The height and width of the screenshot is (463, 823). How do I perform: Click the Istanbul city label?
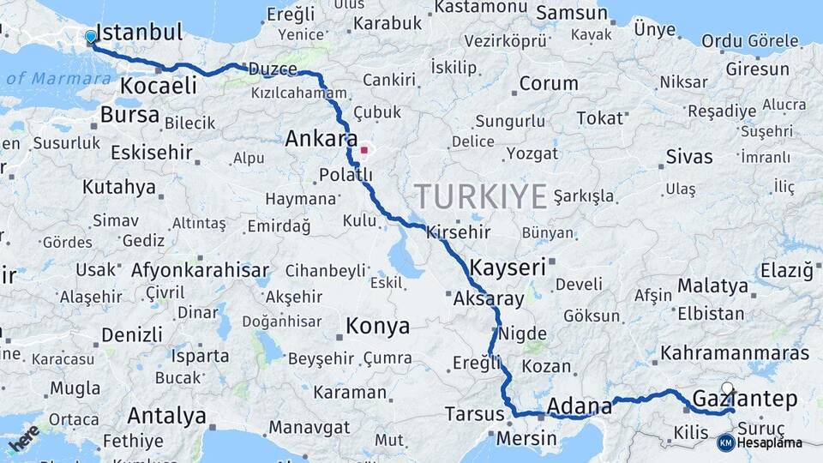[x=139, y=33]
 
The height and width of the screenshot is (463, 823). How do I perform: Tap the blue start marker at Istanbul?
[x=91, y=37]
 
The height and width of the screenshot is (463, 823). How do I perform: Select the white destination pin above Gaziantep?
[x=728, y=388]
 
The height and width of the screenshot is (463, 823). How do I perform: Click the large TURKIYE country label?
[x=481, y=197]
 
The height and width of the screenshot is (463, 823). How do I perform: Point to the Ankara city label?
[x=321, y=139]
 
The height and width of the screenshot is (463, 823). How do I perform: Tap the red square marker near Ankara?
[x=364, y=151]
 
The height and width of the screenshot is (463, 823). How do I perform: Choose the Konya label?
[x=377, y=327]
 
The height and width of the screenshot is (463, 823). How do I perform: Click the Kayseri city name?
[x=507, y=268]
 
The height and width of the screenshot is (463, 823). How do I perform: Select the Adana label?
[x=579, y=406]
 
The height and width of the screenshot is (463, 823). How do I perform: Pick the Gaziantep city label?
[x=744, y=400]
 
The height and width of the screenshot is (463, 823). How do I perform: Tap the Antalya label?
[x=166, y=417]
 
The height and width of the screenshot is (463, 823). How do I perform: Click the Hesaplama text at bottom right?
[x=770, y=442]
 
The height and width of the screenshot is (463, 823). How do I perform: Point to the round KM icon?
[x=725, y=442]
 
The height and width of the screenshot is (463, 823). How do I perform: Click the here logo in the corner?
[x=24, y=437]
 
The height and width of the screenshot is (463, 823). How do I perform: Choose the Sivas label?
[x=689, y=157]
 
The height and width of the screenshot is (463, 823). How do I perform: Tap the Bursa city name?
[x=129, y=115]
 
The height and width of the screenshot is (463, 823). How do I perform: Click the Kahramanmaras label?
[x=735, y=353]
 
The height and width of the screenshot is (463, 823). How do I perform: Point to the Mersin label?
[x=527, y=439]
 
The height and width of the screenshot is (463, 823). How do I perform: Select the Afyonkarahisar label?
[x=200, y=270]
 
